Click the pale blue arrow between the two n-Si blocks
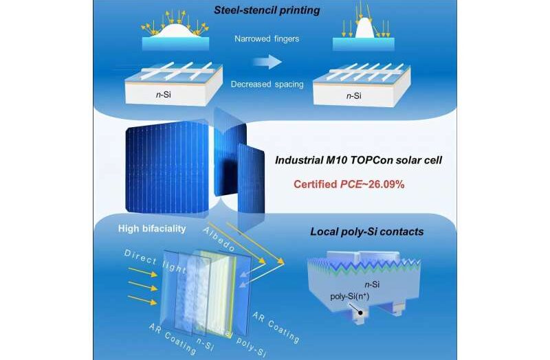click(274, 63)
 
